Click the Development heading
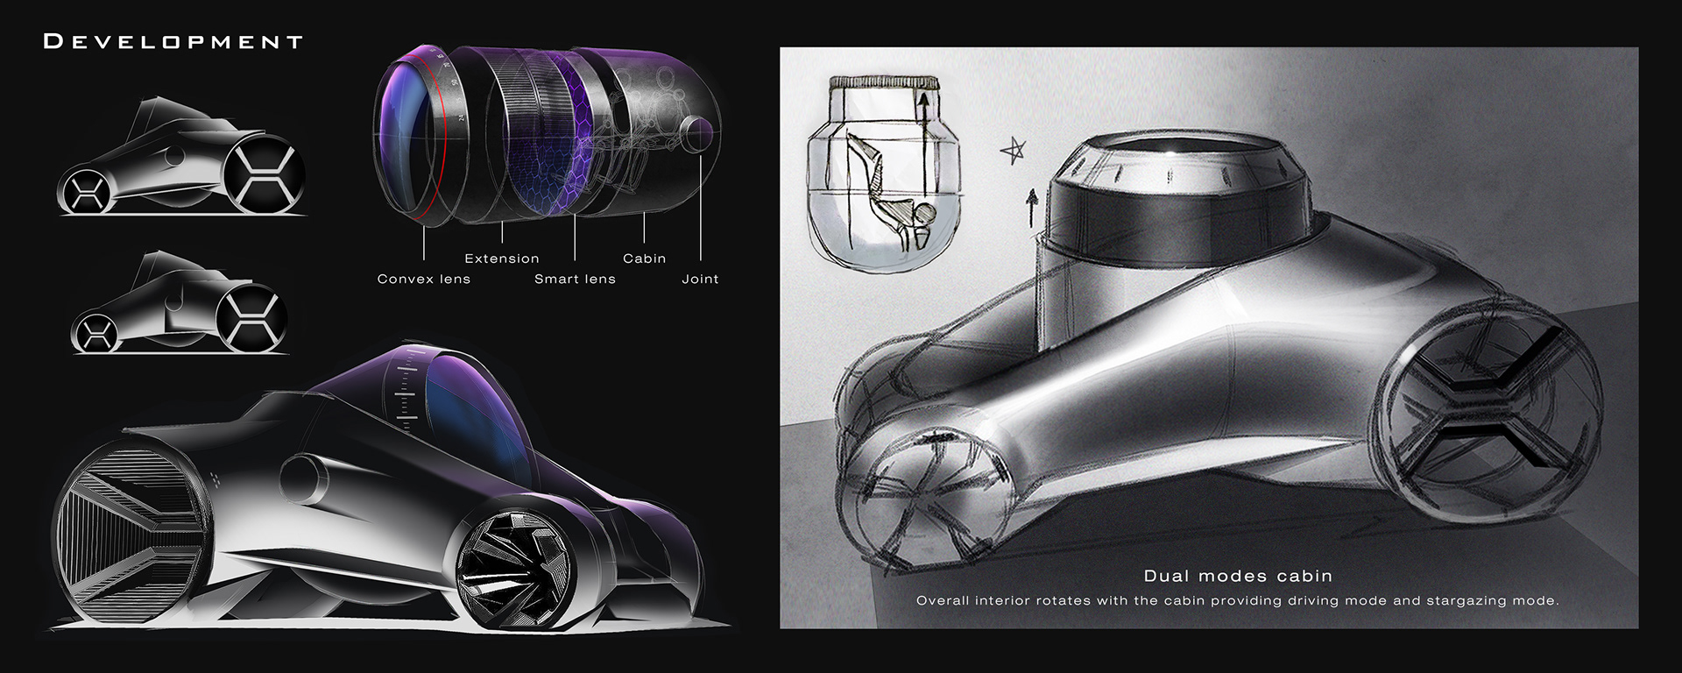pyautogui.click(x=173, y=41)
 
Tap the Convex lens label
pyautogui.click(x=423, y=279)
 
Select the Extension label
pyautogui.click(x=501, y=259)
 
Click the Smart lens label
pyautogui.click(x=575, y=279)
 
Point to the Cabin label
pyautogui.click(x=644, y=259)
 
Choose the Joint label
pyautogui.click(x=700, y=279)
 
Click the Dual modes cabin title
pyautogui.click(x=1237, y=576)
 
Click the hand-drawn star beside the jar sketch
pyautogui.click(x=1013, y=152)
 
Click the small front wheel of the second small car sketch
pyautogui.click(x=94, y=333)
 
